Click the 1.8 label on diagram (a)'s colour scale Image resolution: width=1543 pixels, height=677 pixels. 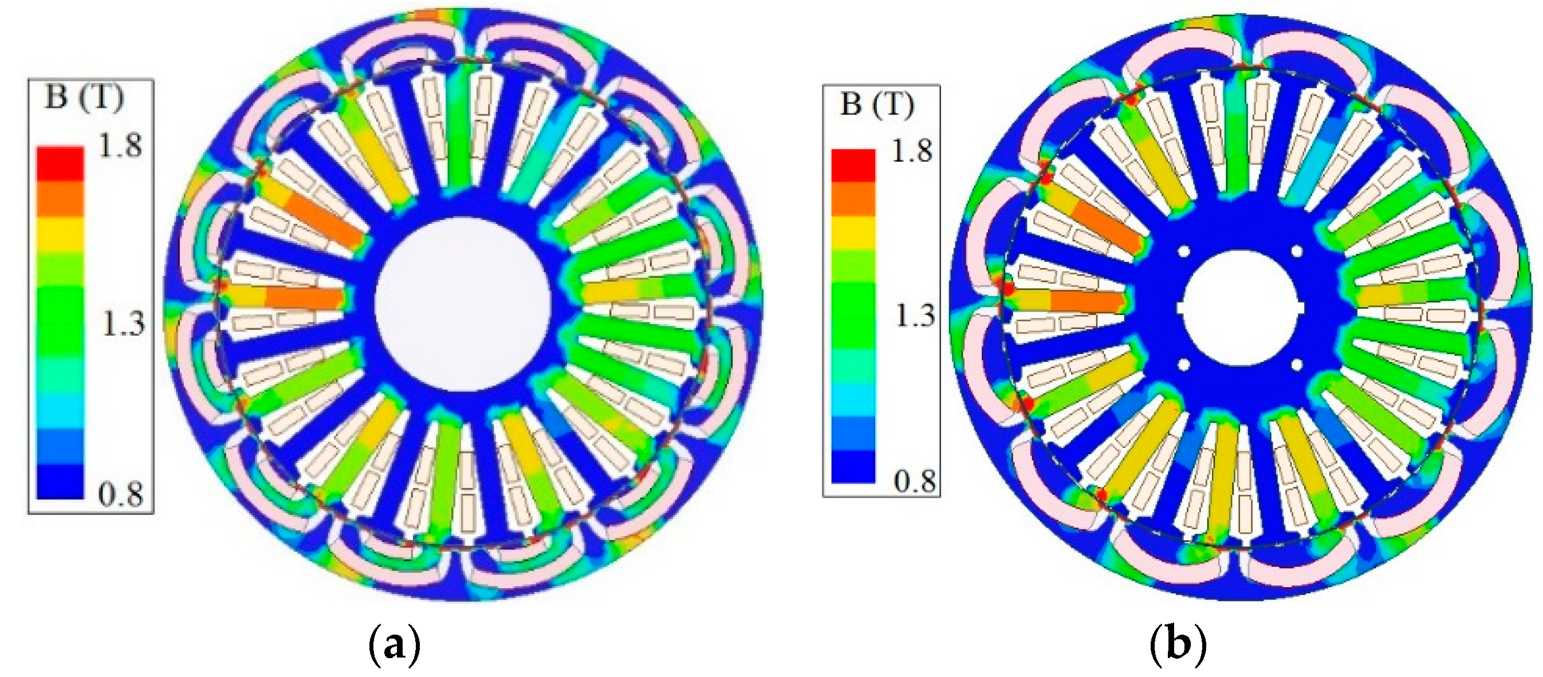pos(121,145)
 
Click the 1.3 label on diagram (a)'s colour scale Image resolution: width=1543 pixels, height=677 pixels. pos(123,324)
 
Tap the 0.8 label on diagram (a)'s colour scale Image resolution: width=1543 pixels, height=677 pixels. pos(121,494)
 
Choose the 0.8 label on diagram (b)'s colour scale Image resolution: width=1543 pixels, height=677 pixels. pos(915,481)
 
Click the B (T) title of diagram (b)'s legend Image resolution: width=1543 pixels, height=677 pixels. pos(877,104)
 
